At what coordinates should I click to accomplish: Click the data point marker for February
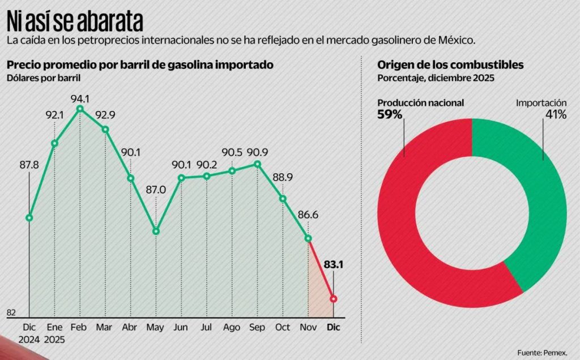click(x=80, y=109)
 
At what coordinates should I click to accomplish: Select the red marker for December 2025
click(x=334, y=298)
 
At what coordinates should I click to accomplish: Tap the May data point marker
click(x=156, y=231)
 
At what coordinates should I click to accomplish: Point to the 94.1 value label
click(x=80, y=98)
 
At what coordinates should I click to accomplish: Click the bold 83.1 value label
click(x=334, y=264)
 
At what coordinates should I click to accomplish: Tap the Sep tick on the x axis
click(x=257, y=327)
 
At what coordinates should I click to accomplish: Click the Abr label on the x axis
click(x=130, y=327)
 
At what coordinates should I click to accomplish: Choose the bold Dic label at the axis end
click(x=334, y=327)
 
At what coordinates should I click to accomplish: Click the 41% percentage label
click(x=556, y=114)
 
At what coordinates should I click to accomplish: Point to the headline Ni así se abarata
click(x=75, y=22)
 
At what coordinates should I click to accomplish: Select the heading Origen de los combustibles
click(x=450, y=65)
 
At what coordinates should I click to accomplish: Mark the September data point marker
click(x=257, y=164)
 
